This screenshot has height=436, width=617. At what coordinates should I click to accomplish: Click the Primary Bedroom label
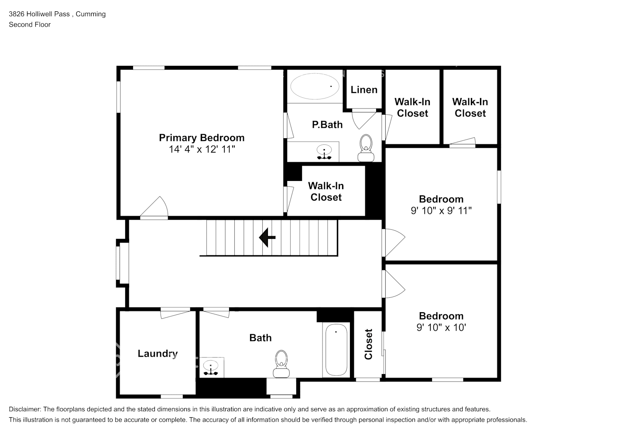point(202,138)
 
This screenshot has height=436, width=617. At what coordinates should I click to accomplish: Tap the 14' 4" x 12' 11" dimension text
point(202,150)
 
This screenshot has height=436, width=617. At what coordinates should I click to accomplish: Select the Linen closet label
point(364,90)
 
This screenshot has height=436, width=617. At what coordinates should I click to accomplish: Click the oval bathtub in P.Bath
point(315,86)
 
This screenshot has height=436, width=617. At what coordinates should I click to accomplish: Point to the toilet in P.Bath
point(366,148)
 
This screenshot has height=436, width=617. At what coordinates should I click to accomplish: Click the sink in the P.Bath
point(324,152)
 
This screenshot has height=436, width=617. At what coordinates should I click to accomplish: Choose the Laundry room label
point(158,354)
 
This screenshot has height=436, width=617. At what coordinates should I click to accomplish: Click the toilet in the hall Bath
point(281,364)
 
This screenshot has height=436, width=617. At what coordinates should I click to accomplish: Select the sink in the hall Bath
point(211,368)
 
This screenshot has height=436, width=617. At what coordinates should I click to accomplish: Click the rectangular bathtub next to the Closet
point(336,350)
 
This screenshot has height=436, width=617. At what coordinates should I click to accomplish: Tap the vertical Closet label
point(368,344)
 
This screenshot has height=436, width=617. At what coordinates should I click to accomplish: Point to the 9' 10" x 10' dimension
point(441,327)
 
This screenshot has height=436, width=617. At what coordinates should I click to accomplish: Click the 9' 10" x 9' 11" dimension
point(441,211)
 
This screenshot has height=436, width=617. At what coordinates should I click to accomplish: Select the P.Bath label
point(327,125)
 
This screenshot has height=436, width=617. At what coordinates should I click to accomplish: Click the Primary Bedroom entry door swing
point(154,207)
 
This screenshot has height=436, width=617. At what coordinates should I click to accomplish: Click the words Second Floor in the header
point(30,24)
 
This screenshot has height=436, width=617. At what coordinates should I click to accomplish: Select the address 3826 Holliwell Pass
point(39,14)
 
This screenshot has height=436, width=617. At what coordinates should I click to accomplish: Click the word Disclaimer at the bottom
point(25,409)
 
